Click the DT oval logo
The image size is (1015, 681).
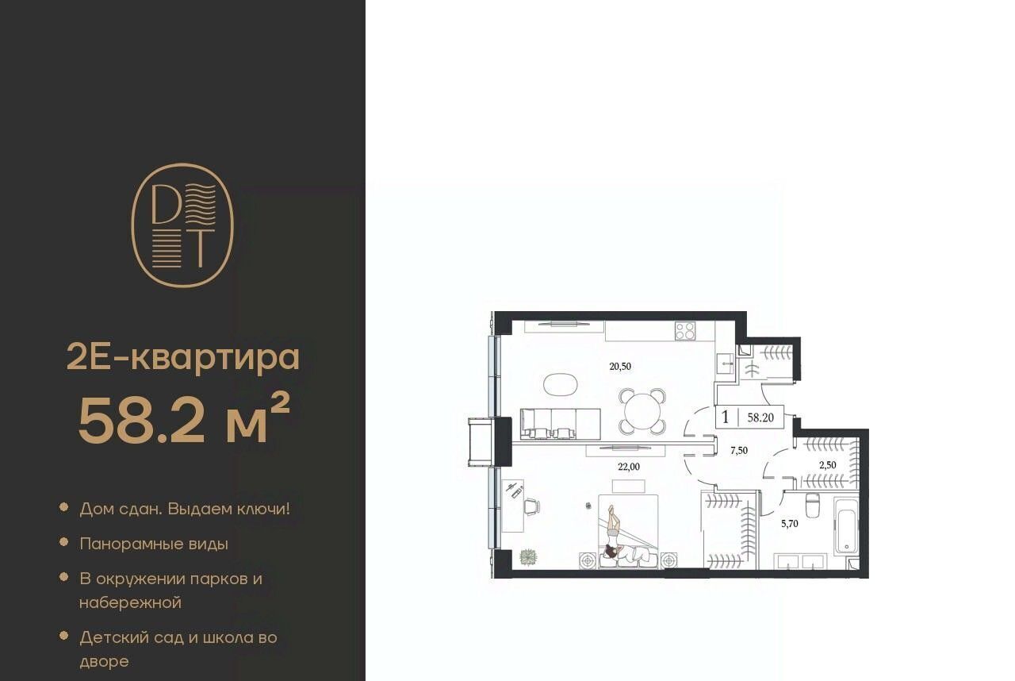[x=182, y=225]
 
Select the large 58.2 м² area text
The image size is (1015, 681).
[x=184, y=420]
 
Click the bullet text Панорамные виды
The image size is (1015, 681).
[x=154, y=544]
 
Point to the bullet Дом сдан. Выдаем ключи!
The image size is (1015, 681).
[x=185, y=509]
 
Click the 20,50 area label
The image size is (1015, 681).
[x=620, y=367]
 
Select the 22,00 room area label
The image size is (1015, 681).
[x=629, y=467]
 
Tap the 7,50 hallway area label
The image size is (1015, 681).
[x=739, y=451]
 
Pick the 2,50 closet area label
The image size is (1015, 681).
[x=828, y=465]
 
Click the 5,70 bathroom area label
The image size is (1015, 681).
[x=790, y=524]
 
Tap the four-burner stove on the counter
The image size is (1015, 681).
[x=684, y=331]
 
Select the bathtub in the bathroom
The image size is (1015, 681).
[x=846, y=525]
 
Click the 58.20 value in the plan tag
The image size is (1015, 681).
[x=760, y=417]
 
